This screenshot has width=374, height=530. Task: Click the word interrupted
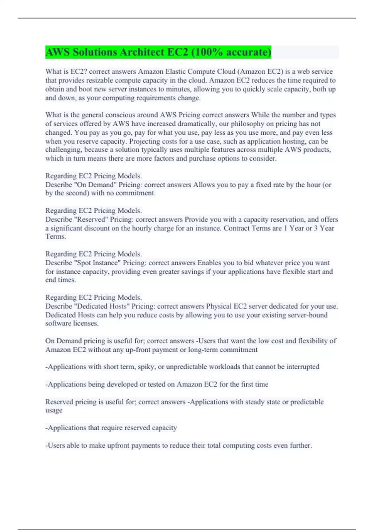point(303,367)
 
